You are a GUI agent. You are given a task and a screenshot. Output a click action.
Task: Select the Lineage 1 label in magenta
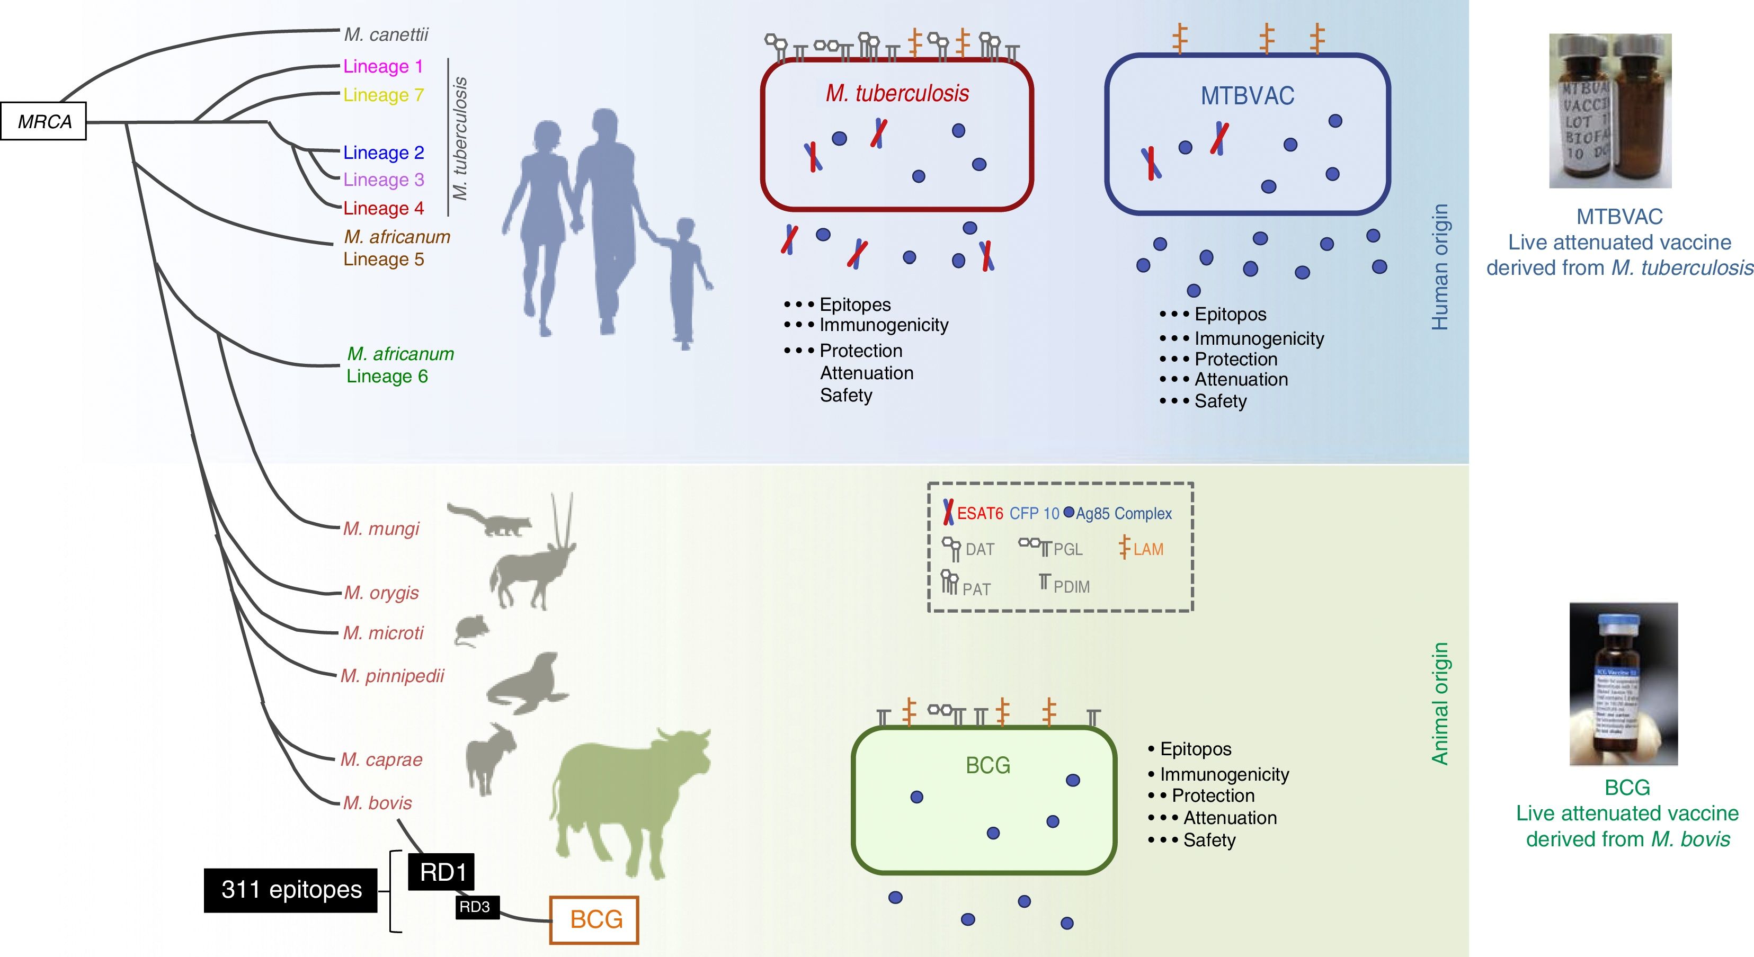coord(382,66)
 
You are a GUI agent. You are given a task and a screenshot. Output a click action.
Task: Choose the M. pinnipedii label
coord(392,675)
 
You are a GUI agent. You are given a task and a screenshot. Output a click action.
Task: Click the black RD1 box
coord(441,871)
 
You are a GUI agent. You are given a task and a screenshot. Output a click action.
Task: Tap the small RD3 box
coord(475,907)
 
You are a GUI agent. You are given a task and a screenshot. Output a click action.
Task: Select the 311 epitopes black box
coord(291,890)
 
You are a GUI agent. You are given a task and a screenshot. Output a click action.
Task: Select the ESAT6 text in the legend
coord(980,513)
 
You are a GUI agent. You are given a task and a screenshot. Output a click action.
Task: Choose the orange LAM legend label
coord(1148,549)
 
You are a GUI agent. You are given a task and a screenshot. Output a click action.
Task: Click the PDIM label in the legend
coord(1071,586)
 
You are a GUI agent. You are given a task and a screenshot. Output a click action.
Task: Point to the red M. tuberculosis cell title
coord(897,93)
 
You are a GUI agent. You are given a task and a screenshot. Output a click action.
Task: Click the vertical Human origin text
coord(1439,267)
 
